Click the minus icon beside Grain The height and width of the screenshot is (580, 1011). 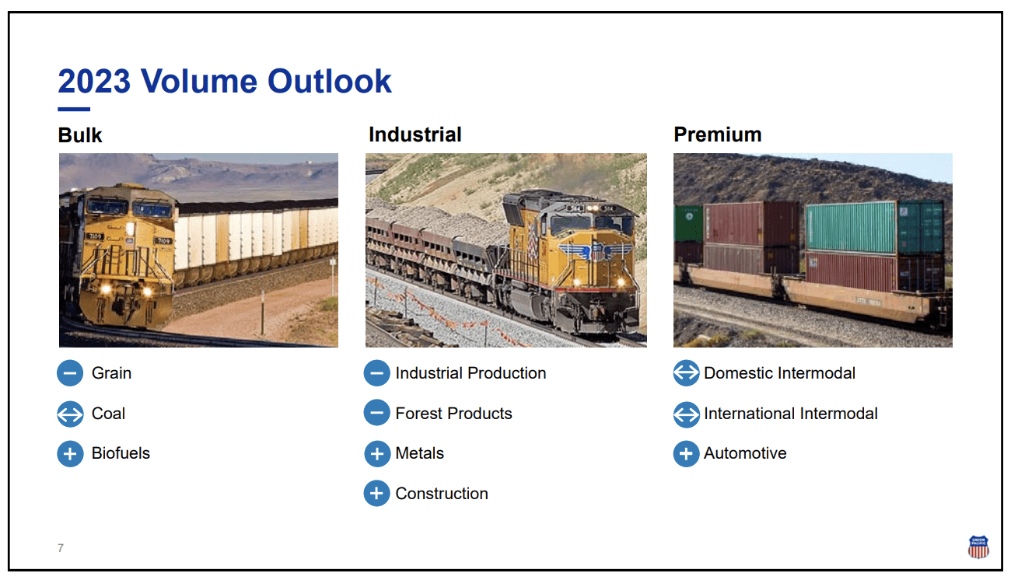pos(70,374)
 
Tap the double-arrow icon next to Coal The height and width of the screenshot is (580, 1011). pos(70,414)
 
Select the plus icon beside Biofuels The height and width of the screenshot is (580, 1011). pos(70,454)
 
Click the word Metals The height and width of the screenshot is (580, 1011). pos(419,453)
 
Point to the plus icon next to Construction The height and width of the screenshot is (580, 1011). pos(376,494)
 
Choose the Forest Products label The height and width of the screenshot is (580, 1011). pos(453,414)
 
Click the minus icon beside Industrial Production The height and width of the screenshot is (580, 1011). pos(376,374)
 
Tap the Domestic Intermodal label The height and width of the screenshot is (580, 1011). pos(779,373)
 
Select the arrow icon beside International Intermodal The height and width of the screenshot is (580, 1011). pos(686,414)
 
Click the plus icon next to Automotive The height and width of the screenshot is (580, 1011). pos(686,454)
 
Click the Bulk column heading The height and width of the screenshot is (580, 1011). pos(80,135)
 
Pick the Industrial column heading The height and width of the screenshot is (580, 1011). pos(415,135)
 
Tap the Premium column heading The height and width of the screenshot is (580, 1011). pos(717,135)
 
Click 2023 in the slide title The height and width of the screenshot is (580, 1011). pos(94,82)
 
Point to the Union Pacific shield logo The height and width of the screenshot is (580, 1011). pos(978,547)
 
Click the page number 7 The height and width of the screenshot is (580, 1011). pos(61,548)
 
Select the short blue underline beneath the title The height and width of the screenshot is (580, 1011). pos(74,109)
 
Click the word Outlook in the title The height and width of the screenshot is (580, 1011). pos(330,82)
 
